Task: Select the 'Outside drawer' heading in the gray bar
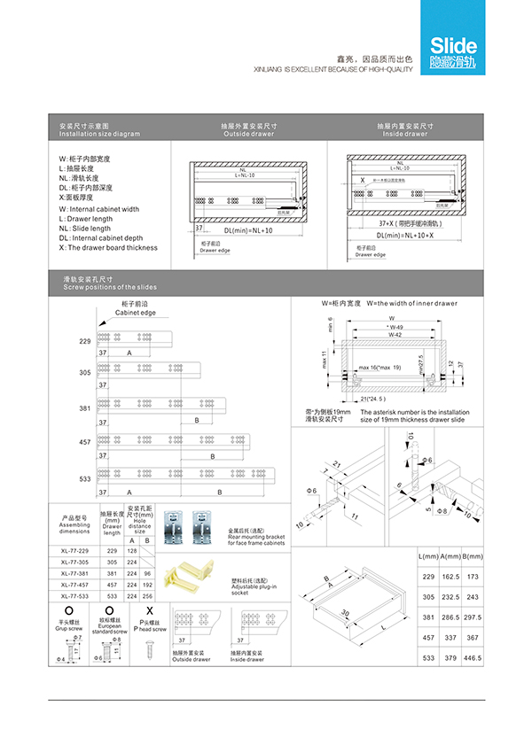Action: point(249,134)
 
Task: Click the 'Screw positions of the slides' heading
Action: point(98,287)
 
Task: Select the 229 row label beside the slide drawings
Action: point(85,341)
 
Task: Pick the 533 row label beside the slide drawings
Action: point(85,478)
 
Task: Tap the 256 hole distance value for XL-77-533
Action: point(147,596)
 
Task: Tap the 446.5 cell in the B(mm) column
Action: point(473,659)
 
